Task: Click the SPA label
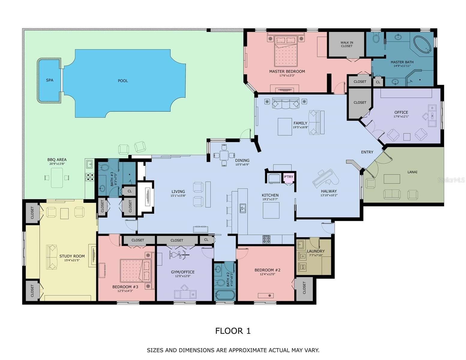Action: point(50,80)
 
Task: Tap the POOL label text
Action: point(123,81)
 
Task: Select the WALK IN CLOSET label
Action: point(347,44)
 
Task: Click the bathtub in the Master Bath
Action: point(422,44)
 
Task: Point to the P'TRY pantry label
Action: point(288,177)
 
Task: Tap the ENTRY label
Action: point(367,152)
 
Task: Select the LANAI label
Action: point(412,172)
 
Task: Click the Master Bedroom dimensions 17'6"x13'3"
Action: point(287,76)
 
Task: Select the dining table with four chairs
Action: point(224,155)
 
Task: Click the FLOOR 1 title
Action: point(233,331)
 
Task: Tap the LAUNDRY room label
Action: point(316,251)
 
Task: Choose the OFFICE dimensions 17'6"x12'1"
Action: point(401,116)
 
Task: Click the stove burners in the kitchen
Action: point(266,239)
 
